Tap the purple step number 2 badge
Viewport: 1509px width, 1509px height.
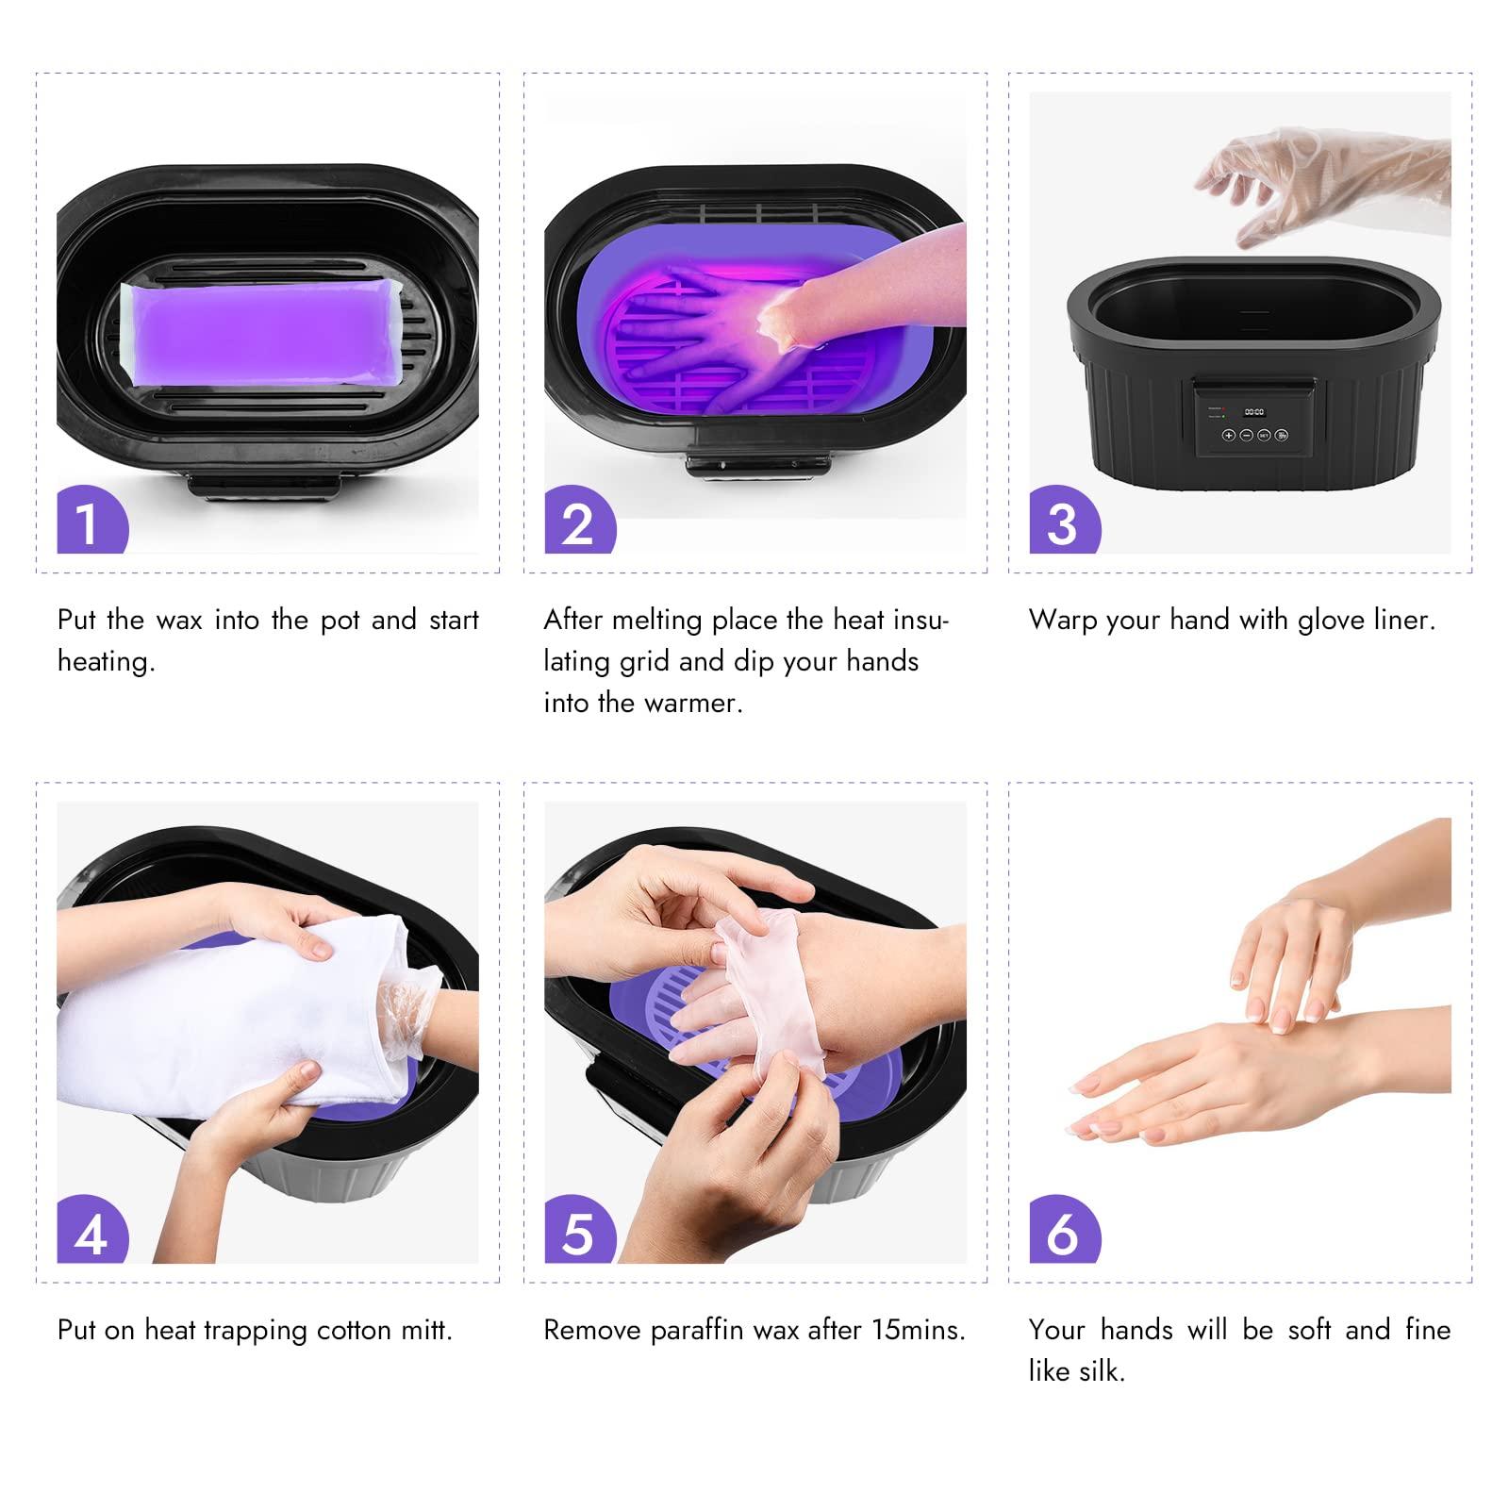(x=577, y=522)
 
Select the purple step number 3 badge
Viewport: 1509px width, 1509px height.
(x=1062, y=522)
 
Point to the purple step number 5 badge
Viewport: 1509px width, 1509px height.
(x=577, y=1232)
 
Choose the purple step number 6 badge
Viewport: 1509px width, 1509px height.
(x=1062, y=1232)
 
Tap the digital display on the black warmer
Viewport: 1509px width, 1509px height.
(x=1253, y=412)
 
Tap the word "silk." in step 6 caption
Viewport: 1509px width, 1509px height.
(x=1102, y=1371)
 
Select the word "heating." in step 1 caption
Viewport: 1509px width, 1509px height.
(x=106, y=661)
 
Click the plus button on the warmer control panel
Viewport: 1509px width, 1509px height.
(x=1229, y=436)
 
